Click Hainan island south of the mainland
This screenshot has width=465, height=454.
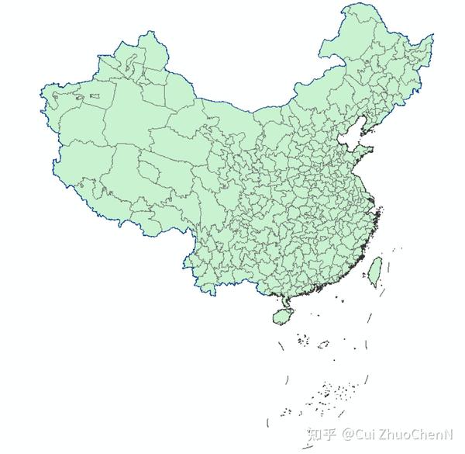point(282,315)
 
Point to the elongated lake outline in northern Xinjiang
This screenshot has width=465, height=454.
point(95,96)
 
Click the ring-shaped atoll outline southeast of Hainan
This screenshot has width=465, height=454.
point(323,342)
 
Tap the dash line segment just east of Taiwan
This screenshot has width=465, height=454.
point(390,268)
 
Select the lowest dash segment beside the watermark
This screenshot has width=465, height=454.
point(268,426)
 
